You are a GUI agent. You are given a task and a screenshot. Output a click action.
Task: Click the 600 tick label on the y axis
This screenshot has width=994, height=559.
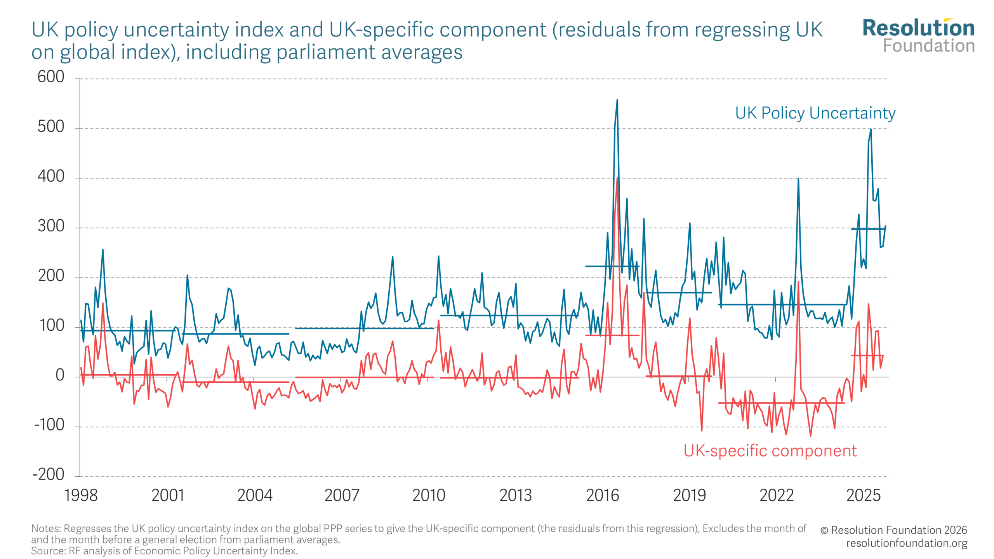click(51, 77)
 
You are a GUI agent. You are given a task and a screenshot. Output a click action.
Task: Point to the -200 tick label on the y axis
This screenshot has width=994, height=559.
click(49, 474)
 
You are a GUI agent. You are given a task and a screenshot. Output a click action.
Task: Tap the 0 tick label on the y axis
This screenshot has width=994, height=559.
click(60, 375)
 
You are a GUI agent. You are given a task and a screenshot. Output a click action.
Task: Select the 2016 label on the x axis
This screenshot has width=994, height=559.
click(603, 495)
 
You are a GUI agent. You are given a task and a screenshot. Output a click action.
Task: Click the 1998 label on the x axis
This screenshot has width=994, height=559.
click(81, 495)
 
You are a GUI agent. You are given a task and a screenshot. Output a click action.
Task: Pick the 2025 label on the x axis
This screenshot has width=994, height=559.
click(864, 495)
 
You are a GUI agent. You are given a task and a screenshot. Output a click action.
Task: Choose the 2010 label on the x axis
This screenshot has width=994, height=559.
click(429, 495)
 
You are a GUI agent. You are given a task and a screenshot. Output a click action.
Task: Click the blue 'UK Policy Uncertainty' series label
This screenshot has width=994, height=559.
click(815, 113)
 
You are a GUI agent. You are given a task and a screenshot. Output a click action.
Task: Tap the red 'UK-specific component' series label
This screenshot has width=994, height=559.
click(770, 451)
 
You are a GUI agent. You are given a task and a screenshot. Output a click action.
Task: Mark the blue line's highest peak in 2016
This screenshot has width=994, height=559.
click(617, 100)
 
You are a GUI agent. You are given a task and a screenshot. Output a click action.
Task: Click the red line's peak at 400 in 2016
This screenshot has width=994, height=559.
click(617, 178)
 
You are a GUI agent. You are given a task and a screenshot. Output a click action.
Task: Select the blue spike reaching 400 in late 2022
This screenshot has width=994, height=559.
click(798, 179)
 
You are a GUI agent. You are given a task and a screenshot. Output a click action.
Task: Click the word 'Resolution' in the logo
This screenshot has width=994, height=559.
click(918, 28)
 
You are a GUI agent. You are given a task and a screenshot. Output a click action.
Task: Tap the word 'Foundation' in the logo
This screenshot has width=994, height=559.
click(929, 46)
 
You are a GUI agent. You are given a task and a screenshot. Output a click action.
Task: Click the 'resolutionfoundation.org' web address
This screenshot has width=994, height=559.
click(907, 543)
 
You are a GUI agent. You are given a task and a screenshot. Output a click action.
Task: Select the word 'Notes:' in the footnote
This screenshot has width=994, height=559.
click(46, 529)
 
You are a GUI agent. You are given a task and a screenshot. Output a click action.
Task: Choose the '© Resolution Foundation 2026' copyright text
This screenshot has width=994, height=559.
click(893, 530)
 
